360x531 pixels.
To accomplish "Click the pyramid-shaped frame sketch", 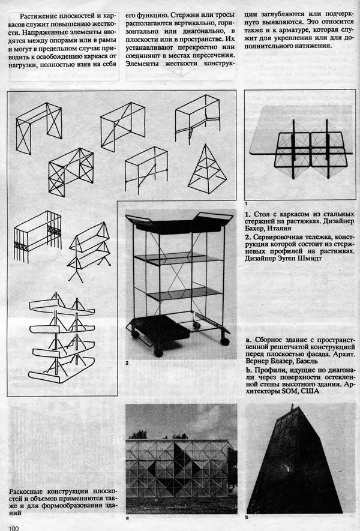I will (206, 167).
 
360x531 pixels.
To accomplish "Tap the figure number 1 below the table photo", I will (247, 204).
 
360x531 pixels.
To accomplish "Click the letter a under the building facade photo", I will (128, 517).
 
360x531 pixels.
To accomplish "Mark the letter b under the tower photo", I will (247, 517).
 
